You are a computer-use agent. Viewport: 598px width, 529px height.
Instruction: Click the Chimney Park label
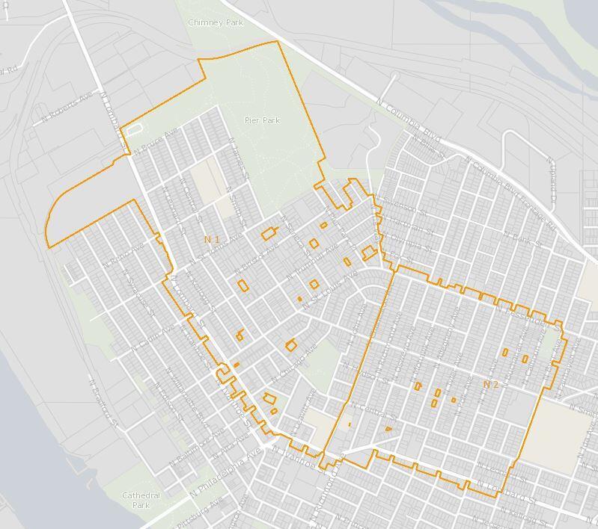coord(216,23)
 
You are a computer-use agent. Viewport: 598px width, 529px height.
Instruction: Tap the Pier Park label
coord(262,120)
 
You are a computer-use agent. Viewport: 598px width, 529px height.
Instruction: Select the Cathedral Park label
coord(141,500)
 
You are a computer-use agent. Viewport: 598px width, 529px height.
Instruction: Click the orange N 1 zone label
coord(212,239)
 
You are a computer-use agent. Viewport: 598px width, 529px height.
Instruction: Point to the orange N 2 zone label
coord(490,384)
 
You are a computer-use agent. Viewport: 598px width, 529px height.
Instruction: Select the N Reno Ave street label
coord(123,255)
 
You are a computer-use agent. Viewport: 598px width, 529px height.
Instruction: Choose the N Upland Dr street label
coord(552,181)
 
